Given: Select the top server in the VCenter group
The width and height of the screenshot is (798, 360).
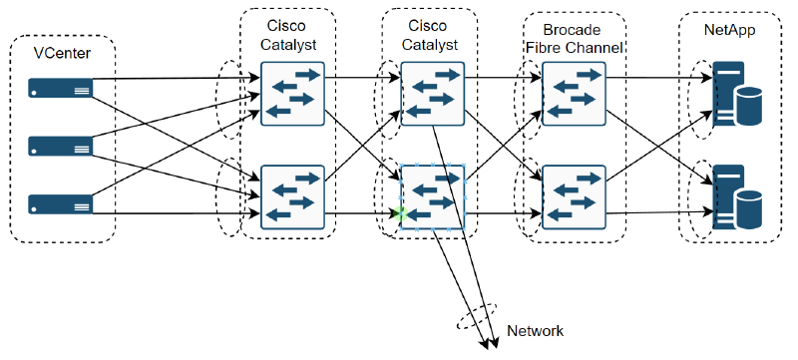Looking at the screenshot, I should (x=62, y=91).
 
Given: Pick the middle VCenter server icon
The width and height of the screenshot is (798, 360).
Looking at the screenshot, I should (x=62, y=148).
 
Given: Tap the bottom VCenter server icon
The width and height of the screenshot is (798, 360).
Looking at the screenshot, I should (x=62, y=204).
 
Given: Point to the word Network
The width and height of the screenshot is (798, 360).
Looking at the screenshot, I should (x=536, y=330).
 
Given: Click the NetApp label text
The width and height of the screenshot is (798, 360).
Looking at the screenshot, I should (x=729, y=30).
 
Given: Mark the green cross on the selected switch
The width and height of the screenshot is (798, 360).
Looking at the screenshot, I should (x=401, y=213).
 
